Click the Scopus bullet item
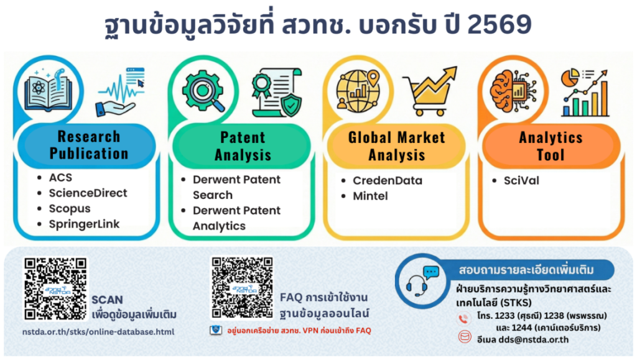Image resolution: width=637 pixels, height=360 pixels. coord(70,209)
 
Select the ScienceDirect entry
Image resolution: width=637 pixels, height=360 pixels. coord(88,193)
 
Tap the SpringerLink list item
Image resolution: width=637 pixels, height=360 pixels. coord(84,224)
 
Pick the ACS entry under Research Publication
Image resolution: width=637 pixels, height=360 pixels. coord(60,178)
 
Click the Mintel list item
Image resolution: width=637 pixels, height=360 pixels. coord(370,196)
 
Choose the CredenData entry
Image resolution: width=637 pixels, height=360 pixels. coord(387,180)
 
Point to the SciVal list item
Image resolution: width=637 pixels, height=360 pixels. coord(521,180)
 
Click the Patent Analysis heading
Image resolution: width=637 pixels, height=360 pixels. coord(243,146)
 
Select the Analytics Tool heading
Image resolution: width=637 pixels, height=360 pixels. coord(551,146)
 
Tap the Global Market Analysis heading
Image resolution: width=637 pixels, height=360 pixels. coord(396,146)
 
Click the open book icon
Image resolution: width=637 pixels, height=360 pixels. coord(48,90)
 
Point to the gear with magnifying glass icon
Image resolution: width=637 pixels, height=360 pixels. coord(203,91)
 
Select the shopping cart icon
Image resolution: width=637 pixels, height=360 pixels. coord(430,91)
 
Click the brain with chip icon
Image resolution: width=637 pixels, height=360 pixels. coord(513,90)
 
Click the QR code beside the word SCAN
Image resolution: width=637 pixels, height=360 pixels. coord(55,288)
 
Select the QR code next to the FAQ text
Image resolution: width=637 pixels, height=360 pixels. coord(242,287)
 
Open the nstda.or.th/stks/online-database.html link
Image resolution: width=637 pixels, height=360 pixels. coord(98,331)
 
